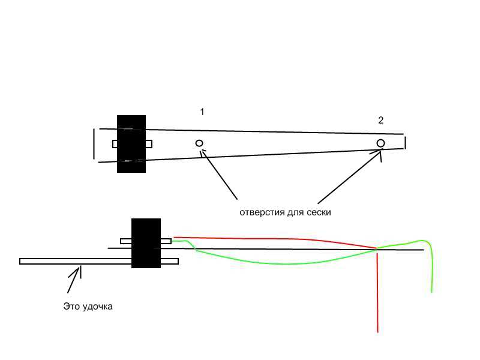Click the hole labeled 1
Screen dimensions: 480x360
(x=199, y=143)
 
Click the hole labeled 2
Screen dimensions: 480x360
(x=380, y=143)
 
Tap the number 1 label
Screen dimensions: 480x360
(x=202, y=112)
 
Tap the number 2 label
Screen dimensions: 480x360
(x=381, y=120)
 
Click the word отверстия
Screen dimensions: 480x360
(x=262, y=212)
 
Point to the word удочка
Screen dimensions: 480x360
(x=97, y=307)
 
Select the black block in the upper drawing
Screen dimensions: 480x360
(x=131, y=144)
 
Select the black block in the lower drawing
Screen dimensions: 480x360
(x=146, y=243)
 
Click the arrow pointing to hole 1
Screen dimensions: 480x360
(x=218, y=174)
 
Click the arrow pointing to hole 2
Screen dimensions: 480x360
(x=350, y=176)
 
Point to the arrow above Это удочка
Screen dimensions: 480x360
(x=74, y=280)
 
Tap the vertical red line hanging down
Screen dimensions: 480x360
(x=377, y=291)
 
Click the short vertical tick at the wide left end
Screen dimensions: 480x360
(x=94, y=144)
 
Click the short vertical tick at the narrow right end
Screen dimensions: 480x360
(x=406, y=143)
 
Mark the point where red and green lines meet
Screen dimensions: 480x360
(x=377, y=248)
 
